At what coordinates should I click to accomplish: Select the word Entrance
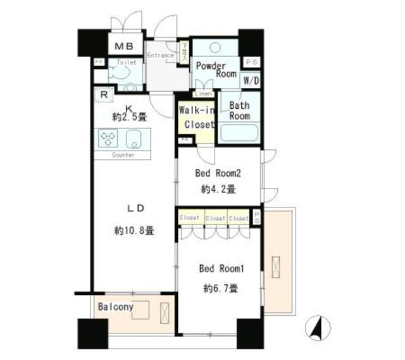160,56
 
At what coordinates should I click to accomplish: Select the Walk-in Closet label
197,117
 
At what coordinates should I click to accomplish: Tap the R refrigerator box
104,96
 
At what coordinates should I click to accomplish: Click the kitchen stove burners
106,138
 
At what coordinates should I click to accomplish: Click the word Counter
123,155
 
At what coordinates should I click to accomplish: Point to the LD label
134,208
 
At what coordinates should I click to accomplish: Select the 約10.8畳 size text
134,231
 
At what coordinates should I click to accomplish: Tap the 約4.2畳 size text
218,189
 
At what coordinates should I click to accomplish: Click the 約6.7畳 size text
221,289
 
